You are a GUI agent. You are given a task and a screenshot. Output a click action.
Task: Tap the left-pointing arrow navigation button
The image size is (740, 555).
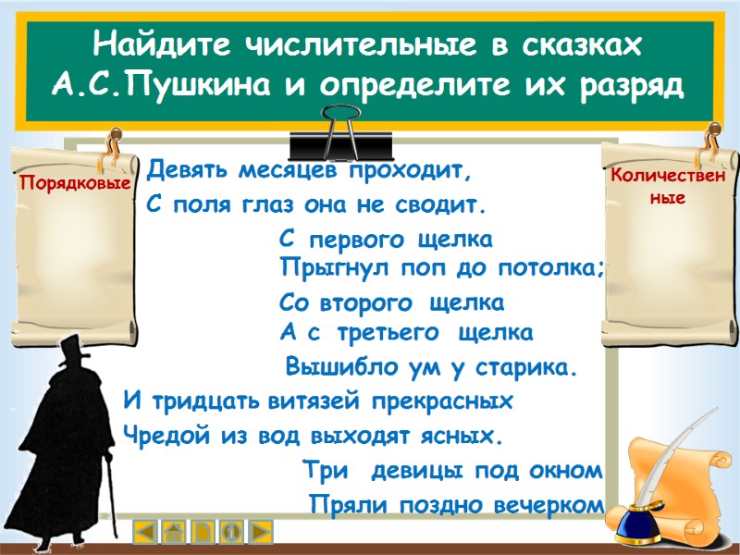pos(144,532)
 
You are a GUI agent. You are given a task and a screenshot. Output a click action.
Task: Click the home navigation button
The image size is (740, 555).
pos(174,532)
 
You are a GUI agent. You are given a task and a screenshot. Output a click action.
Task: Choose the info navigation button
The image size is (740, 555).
pos(232,532)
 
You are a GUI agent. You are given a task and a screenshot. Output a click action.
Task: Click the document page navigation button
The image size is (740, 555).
pos(203,532)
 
